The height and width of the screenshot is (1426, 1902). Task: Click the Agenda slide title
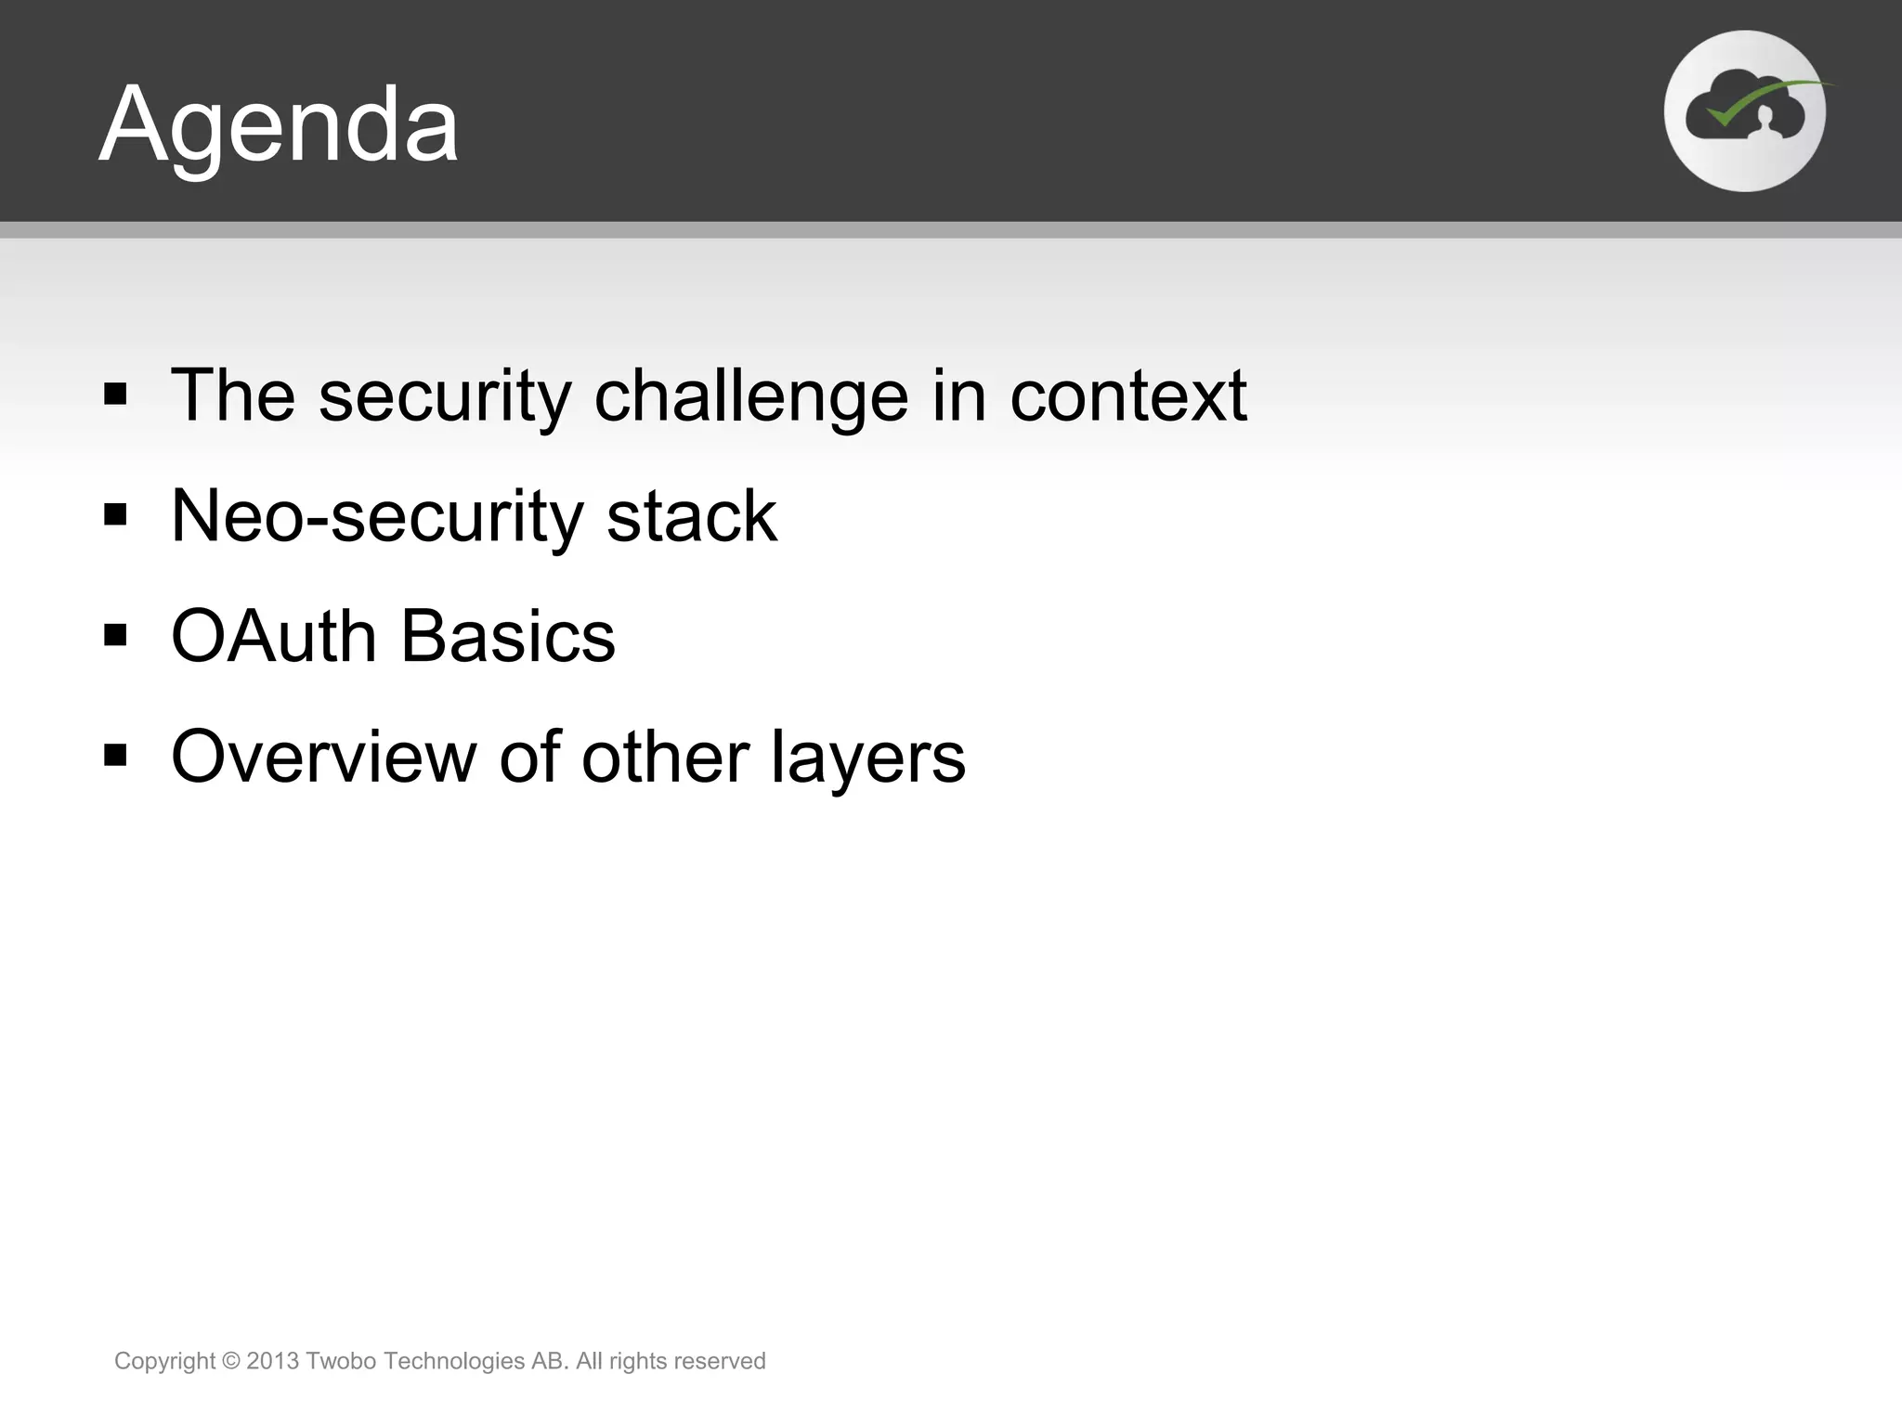[x=279, y=124]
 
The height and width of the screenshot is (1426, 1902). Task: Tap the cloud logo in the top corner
[x=1744, y=111]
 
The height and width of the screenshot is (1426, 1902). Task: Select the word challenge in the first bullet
[x=750, y=397]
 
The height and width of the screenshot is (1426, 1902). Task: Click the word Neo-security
[x=377, y=518]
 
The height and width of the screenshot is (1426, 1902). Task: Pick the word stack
[x=691, y=516]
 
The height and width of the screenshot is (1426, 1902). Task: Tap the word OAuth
[x=274, y=637]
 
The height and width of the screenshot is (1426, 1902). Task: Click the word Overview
[x=323, y=758]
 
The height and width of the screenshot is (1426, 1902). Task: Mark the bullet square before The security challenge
[x=115, y=395]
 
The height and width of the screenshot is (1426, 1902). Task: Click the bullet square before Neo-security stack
[x=115, y=514]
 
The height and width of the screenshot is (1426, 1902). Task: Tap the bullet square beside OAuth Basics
[x=115, y=635]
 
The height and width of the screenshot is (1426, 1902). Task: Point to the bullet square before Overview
[x=115, y=756]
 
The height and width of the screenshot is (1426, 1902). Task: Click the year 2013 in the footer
[x=273, y=1361]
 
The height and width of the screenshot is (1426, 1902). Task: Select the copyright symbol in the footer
[x=231, y=1361]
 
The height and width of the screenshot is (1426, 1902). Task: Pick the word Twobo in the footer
[x=341, y=1361]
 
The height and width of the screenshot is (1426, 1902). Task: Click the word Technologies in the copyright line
[x=454, y=1362]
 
